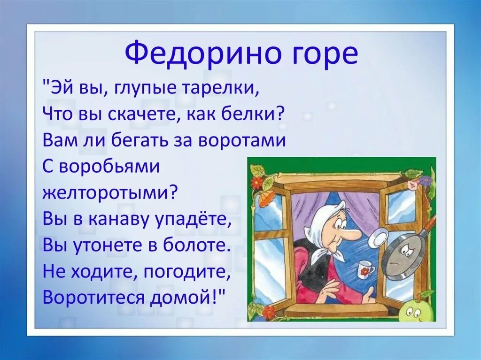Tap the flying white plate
pos(378,237)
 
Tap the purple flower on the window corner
pos(425,181)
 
